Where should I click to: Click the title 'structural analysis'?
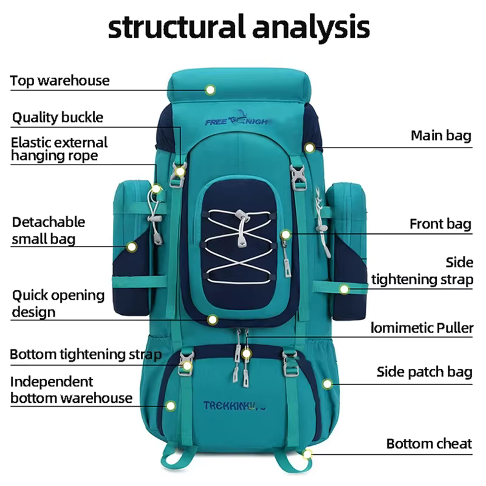(x=239, y=28)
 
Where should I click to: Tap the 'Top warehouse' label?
(x=60, y=81)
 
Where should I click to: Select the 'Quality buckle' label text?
(x=58, y=117)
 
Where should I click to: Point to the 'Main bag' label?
(x=441, y=135)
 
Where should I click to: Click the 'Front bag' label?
(x=440, y=224)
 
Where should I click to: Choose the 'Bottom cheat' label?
(x=429, y=444)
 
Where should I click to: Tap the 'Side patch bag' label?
(x=424, y=372)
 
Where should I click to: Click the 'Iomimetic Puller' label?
(x=422, y=328)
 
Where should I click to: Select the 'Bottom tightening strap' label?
(x=86, y=354)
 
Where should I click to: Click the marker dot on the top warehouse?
(x=210, y=90)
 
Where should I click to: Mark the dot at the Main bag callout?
(x=309, y=148)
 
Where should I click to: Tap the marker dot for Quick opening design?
(x=212, y=320)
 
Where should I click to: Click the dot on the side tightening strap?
(x=344, y=290)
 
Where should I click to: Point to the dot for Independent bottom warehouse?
(x=171, y=406)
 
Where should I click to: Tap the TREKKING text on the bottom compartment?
(x=234, y=406)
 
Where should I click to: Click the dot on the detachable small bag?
(x=132, y=247)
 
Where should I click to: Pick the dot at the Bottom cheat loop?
(x=307, y=454)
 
